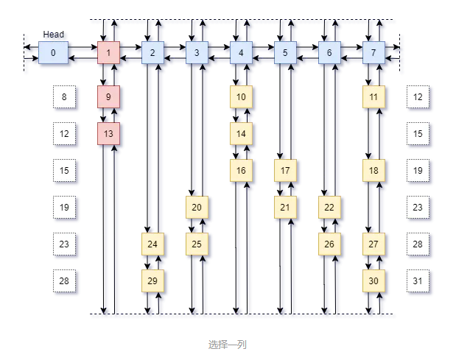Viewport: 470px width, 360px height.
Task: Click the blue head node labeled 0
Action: click(52, 53)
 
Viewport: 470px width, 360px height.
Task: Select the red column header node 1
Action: click(108, 53)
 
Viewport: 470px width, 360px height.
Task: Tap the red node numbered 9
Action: click(108, 97)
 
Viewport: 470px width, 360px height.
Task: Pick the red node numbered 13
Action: click(108, 134)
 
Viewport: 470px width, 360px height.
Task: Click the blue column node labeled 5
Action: click(285, 53)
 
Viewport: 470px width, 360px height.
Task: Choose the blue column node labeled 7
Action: click(373, 53)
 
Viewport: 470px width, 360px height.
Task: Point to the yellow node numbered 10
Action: click(241, 97)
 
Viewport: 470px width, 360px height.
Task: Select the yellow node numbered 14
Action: click(241, 134)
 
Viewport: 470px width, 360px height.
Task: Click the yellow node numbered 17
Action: click(285, 171)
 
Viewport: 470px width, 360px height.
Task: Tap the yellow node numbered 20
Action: click(197, 208)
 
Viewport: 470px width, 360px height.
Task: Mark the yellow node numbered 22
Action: click(329, 208)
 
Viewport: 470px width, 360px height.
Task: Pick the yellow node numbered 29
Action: click(152, 281)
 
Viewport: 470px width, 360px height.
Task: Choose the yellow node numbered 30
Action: click(373, 281)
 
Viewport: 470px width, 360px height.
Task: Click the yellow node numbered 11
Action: click(373, 97)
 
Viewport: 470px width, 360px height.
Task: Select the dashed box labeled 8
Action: click(64, 97)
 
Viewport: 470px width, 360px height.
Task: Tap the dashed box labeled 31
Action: click(418, 281)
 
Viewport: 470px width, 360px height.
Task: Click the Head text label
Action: click(53, 35)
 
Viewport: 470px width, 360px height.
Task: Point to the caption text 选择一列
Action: click(227, 345)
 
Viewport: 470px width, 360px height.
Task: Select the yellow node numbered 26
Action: click(329, 244)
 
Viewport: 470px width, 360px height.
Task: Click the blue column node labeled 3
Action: click(197, 53)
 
